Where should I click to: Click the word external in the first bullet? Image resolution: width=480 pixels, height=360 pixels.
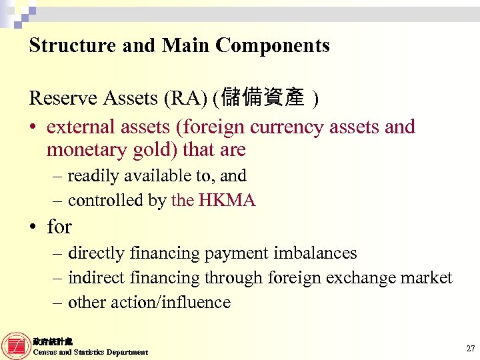point(83,127)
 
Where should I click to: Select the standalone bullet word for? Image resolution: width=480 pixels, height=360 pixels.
point(59,227)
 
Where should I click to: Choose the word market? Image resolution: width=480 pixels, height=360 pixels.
point(426,277)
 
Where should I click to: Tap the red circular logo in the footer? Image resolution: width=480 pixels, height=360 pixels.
point(16,345)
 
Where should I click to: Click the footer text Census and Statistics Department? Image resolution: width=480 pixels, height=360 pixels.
point(91,352)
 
